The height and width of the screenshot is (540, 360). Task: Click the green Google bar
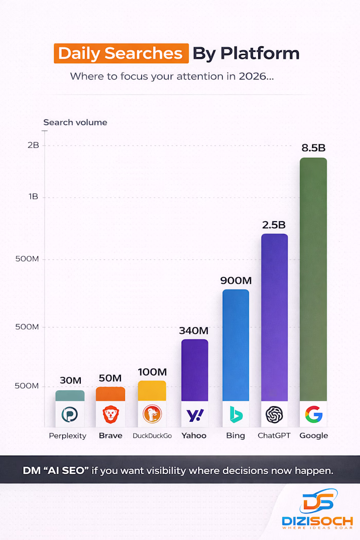pos(313,278)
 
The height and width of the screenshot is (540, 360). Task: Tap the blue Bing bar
pos(236,345)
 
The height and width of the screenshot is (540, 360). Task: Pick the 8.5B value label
pos(313,148)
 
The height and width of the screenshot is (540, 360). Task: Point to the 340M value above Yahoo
pos(193,331)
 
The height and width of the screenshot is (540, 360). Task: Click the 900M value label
pos(236,281)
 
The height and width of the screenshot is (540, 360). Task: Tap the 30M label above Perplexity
pos(70,381)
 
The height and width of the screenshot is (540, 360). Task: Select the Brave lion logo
pos(111,414)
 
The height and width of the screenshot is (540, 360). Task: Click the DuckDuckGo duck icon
pos(152,414)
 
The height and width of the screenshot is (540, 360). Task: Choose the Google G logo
pos(313,414)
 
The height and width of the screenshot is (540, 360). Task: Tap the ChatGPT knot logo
pos(274,414)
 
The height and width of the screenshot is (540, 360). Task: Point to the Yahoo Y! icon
pos(194,414)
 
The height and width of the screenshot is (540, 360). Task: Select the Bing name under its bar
pos(236,436)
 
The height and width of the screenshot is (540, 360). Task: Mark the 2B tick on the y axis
pos(33,146)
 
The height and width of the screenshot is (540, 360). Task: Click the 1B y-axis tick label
pos(33,197)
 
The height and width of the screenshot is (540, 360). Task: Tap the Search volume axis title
pos(75,122)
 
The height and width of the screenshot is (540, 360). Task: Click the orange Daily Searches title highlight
pos(121,53)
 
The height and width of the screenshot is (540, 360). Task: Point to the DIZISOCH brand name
pos(317,521)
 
